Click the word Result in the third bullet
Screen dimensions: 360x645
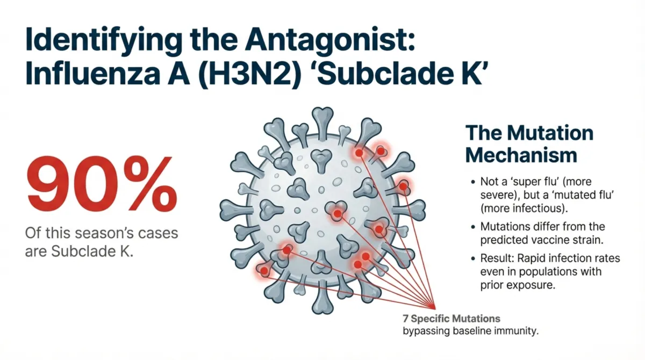495,258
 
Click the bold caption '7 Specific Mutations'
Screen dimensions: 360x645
451,318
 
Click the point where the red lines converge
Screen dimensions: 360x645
434,305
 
